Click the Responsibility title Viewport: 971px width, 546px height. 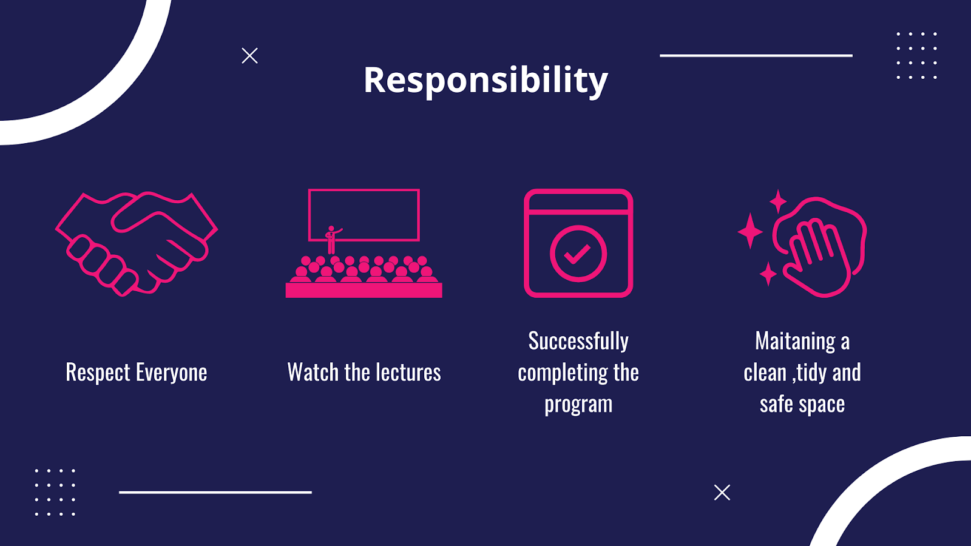(486, 81)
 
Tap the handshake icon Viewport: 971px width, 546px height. (137, 243)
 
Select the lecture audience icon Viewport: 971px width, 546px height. (364, 243)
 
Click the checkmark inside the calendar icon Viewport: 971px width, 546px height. (577, 254)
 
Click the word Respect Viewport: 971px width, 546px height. (98, 373)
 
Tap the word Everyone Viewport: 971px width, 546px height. (172, 373)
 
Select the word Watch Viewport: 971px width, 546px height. (313, 372)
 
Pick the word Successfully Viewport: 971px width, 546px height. (578, 342)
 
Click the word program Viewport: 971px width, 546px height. (578, 405)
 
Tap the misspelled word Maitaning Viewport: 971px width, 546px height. (795, 342)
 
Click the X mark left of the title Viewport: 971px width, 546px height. (249, 56)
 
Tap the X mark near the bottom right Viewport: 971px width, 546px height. (722, 493)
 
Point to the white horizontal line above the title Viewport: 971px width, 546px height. (756, 55)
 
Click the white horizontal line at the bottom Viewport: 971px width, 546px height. (215, 492)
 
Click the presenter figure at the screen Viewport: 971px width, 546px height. (332, 240)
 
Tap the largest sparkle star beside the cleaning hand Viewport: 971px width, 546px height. (750, 231)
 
